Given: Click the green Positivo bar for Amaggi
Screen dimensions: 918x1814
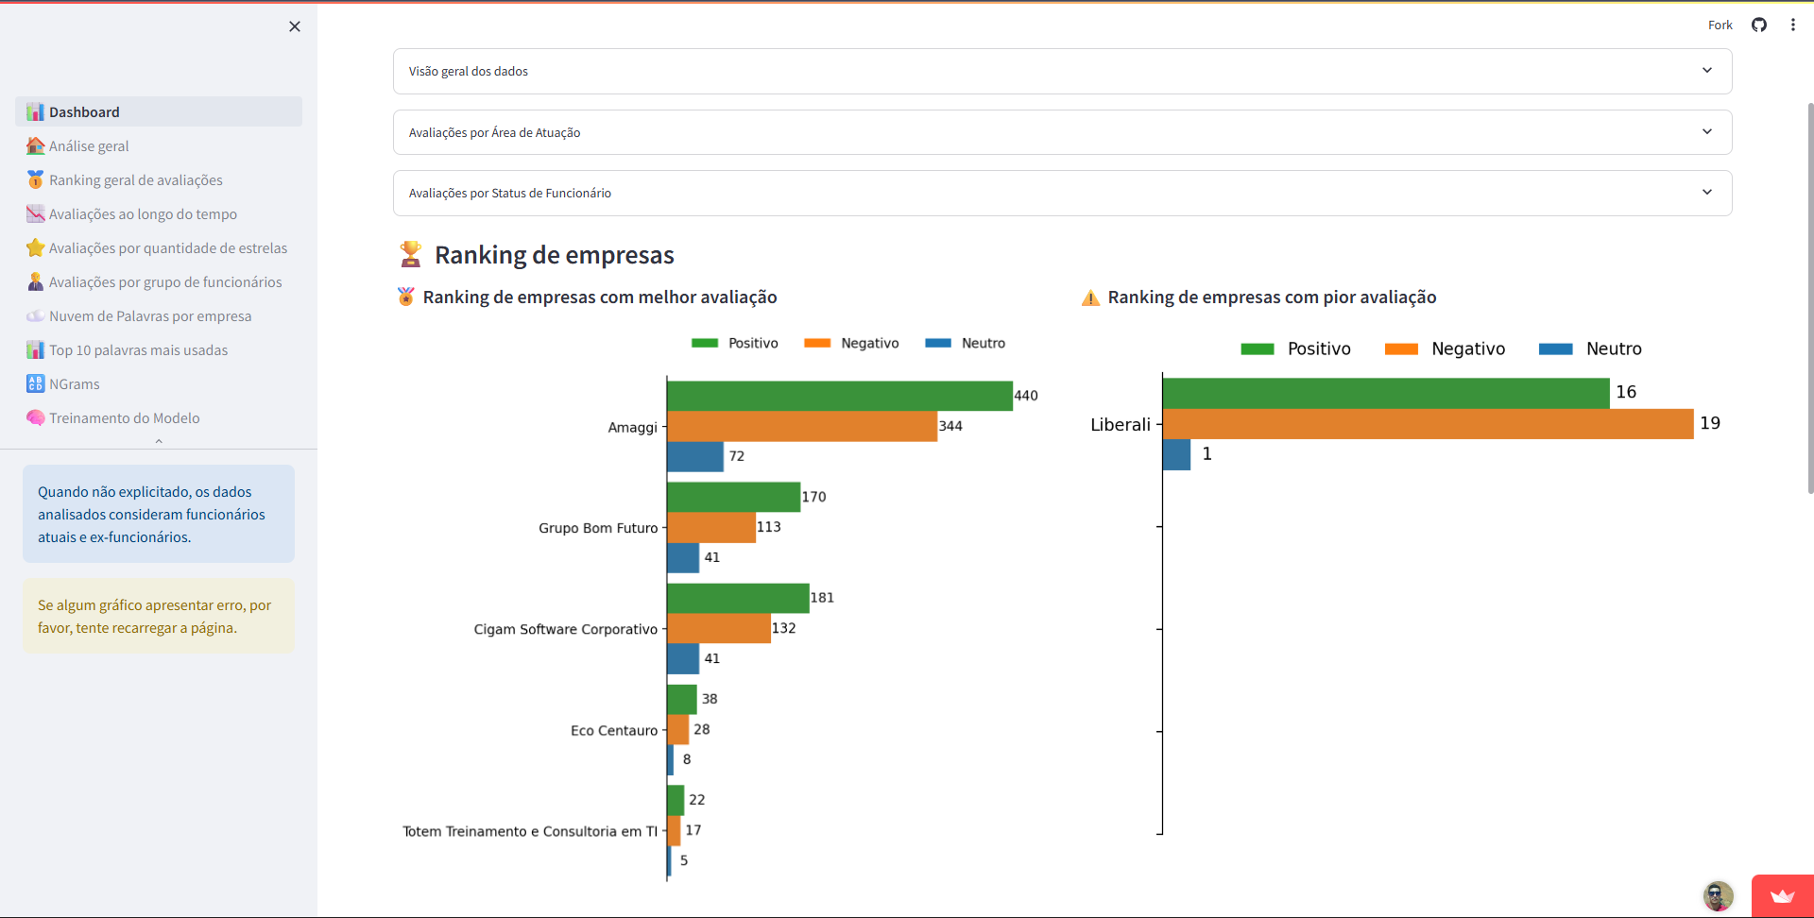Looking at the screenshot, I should [x=839, y=396].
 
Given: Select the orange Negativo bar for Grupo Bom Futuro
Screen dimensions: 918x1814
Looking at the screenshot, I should [x=710, y=527].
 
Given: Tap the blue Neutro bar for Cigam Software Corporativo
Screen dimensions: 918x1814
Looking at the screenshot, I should [x=683, y=658].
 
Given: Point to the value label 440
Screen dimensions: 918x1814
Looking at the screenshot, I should [x=1026, y=396].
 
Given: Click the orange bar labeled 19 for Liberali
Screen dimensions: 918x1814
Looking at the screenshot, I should [x=1427, y=424].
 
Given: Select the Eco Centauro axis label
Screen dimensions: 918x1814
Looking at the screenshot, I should [x=614, y=730].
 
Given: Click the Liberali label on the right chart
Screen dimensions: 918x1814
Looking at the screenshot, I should [x=1121, y=424].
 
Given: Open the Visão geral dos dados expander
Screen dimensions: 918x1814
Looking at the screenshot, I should [x=1062, y=71].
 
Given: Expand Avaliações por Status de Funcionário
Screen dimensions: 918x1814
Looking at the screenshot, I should [x=1062, y=193].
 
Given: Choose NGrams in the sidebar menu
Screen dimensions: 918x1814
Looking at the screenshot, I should [x=75, y=384].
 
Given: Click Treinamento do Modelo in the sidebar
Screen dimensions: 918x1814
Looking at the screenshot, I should [x=124, y=418].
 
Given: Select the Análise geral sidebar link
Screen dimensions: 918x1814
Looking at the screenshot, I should [x=89, y=146].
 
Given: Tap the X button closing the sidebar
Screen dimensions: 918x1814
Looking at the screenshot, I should [x=295, y=26].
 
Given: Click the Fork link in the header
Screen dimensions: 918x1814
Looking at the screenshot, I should [x=1720, y=25].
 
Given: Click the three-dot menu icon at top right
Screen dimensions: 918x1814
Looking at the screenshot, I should [x=1792, y=25].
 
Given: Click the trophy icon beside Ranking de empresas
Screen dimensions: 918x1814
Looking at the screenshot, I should [x=410, y=254].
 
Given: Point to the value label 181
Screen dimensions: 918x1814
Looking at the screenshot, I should [x=822, y=598].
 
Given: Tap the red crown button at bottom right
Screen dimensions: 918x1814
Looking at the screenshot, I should [x=1782, y=896].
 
